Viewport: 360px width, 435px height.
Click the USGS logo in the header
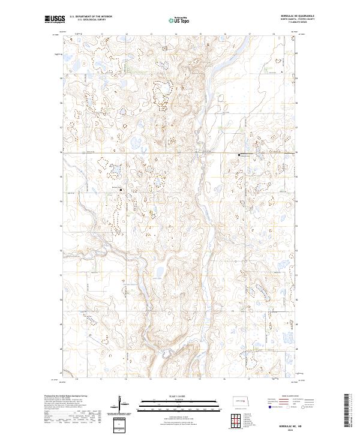point(55,20)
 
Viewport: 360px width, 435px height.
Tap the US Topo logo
point(179,20)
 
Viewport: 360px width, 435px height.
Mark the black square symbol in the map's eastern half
point(239,155)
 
